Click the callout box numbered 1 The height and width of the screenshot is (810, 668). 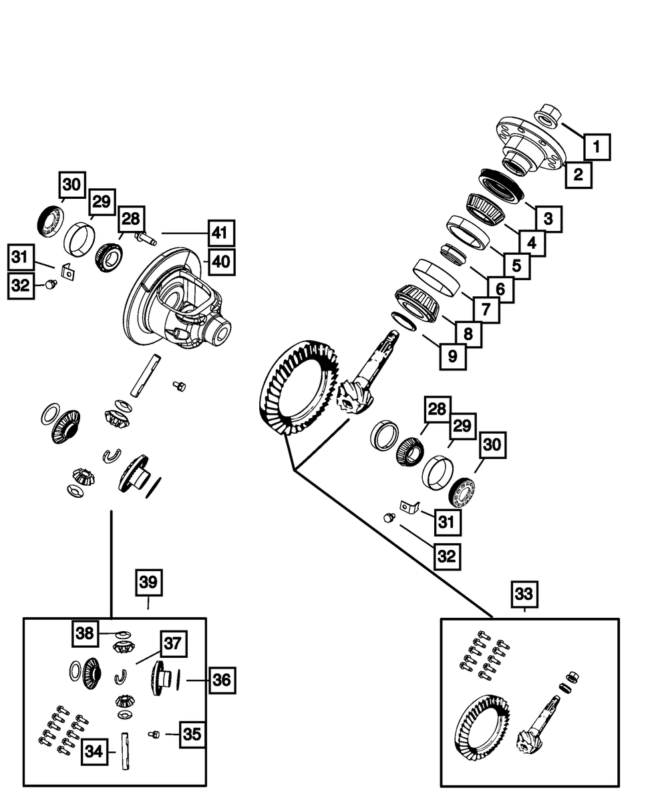tap(597, 146)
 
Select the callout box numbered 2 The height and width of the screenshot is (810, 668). tap(578, 175)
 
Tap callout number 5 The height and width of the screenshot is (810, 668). tap(516, 265)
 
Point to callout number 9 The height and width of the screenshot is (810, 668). tap(453, 356)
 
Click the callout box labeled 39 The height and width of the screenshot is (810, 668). tap(148, 582)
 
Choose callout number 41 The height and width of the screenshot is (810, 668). tap(220, 234)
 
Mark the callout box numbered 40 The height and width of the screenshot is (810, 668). tap(220, 262)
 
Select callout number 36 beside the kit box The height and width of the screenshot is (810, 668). tap(222, 680)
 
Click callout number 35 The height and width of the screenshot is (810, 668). tap(192, 734)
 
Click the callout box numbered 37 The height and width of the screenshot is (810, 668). tap(172, 644)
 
